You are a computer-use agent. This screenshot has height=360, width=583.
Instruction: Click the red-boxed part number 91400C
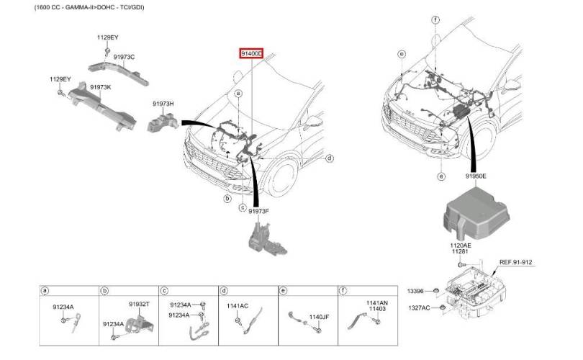pyautogui.click(x=251, y=53)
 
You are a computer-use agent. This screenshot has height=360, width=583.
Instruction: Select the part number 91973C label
pyautogui.click(x=125, y=57)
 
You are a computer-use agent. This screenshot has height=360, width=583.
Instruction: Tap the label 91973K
pyautogui.click(x=100, y=87)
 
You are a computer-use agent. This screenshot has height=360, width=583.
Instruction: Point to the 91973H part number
pyautogui.click(x=163, y=104)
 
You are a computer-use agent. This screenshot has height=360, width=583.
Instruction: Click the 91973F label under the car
pyautogui.click(x=259, y=211)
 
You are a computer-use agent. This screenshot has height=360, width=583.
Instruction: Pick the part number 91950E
pyautogui.click(x=476, y=176)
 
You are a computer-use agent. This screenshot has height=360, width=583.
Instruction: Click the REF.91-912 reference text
pyautogui.click(x=515, y=262)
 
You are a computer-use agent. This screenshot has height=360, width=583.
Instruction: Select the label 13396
pyautogui.click(x=415, y=291)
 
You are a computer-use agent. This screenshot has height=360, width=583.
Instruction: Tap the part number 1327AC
pyautogui.click(x=419, y=307)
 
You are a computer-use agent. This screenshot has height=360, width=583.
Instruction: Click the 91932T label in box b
pyautogui.click(x=140, y=304)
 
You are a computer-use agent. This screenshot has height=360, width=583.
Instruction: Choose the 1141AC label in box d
pyautogui.click(x=238, y=306)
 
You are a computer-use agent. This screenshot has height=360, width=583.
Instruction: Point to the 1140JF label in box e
pyautogui.click(x=319, y=317)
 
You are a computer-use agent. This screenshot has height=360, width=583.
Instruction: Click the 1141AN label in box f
pyautogui.click(x=377, y=303)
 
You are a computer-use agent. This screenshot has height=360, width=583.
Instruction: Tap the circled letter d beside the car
pyautogui.click(x=330, y=158)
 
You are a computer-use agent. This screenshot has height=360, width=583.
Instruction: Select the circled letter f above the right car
pyautogui.click(x=435, y=19)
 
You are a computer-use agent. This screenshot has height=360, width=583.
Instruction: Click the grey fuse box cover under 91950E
pyautogui.click(x=476, y=211)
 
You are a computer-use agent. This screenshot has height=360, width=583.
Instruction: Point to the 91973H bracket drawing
pyautogui.click(x=163, y=122)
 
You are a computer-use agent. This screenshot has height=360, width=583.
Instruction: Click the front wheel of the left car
pyautogui.click(x=283, y=179)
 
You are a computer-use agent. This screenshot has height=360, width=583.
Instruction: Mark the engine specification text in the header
pyautogui.click(x=89, y=7)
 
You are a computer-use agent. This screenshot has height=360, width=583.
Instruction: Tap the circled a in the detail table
pyautogui.click(x=45, y=290)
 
